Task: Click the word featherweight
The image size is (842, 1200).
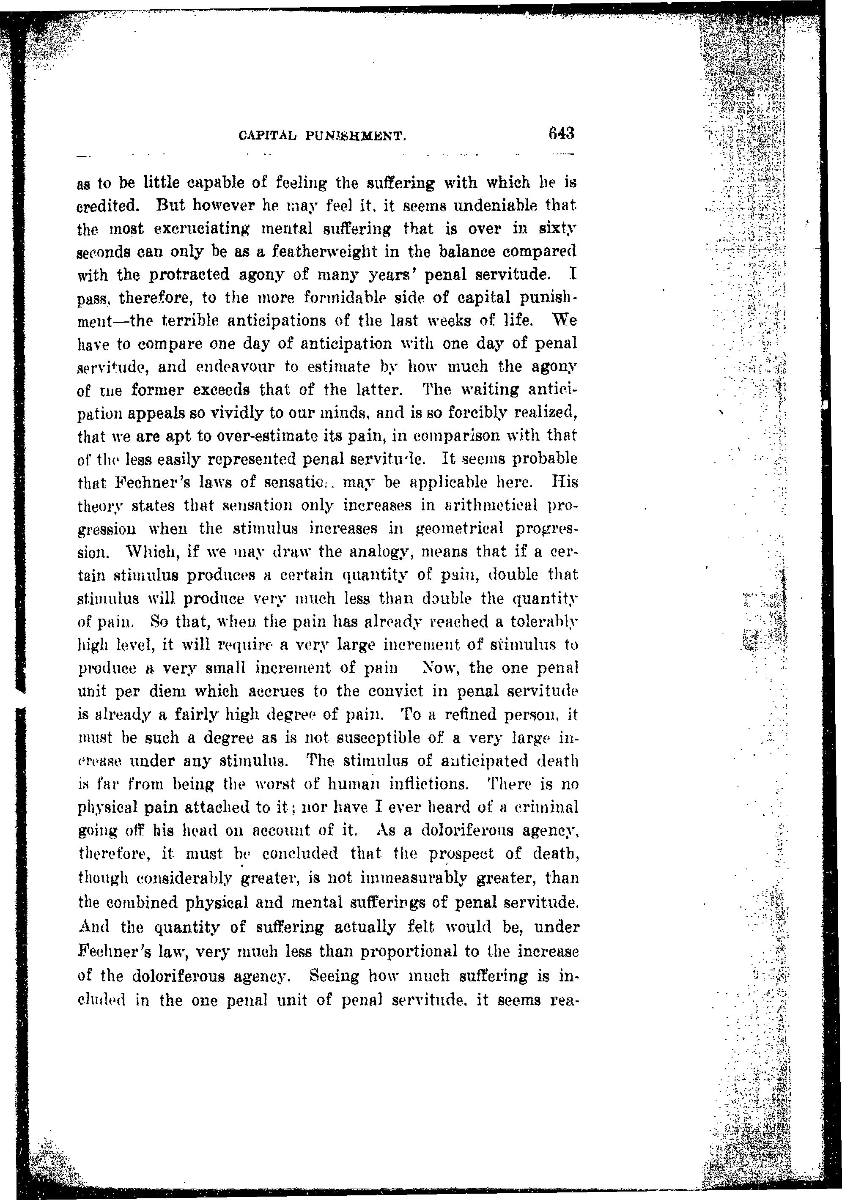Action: (x=359, y=252)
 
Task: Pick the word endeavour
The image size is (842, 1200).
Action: (x=235, y=367)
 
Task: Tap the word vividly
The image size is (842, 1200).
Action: (x=235, y=413)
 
